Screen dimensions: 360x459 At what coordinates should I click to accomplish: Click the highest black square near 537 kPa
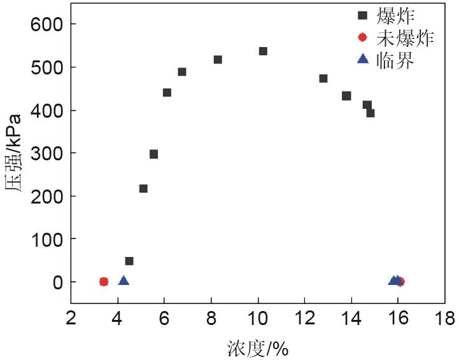click(x=263, y=51)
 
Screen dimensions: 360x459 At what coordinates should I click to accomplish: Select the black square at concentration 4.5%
click(x=129, y=261)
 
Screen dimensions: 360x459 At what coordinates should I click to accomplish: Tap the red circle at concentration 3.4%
click(x=104, y=281)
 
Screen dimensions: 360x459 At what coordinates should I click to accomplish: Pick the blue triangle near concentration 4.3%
click(x=124, y=280)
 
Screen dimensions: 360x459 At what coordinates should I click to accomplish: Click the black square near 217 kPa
click(x=143, y=188)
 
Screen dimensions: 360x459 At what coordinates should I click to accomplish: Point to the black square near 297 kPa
click(x=153, y=154)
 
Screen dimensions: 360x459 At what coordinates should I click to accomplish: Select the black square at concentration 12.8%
click(x=323, y=78)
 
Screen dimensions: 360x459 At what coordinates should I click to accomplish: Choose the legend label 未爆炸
click(x=405, y=38)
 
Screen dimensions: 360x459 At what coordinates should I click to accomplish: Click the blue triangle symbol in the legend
click(x=363, y=59)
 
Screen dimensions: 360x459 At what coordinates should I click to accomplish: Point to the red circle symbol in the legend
click(x=363, y=38)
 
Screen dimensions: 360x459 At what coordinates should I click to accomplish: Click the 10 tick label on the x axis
click(x=258, y=317)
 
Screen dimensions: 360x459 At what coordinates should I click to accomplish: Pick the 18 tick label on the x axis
click(x=445, y=317)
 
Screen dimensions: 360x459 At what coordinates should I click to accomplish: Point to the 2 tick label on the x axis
click(x=71, y=317)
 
